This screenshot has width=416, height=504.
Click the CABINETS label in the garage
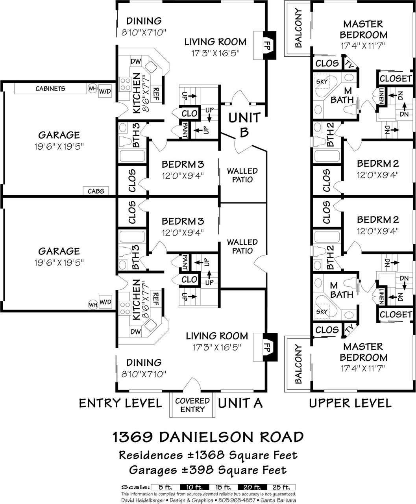(x=50, y=89)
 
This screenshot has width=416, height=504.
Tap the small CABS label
(x=96, y=191)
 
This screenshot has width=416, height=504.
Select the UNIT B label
(x=244, y=125)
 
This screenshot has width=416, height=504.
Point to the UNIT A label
(x=240, y=403)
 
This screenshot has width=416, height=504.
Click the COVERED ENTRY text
(x=192, y=405)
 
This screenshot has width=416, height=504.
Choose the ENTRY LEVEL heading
(x=120, y=403)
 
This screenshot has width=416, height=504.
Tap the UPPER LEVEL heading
(x=350, y=403)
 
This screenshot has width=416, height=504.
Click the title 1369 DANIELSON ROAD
(x=208, y=437)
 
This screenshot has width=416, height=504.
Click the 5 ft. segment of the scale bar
(x=166, y=487)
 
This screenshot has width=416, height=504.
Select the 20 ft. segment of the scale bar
(x=252, y=487)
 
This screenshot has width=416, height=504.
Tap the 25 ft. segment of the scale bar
(x=281, y=487)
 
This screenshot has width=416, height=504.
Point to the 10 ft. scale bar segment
(x=194, y=487)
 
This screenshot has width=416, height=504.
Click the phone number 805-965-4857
(x=236, y=500)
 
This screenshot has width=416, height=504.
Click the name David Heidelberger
(x=143, y=500)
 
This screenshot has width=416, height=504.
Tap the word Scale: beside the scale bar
(x=135, y=487)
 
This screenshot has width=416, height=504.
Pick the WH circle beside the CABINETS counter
(x=92, y=89)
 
